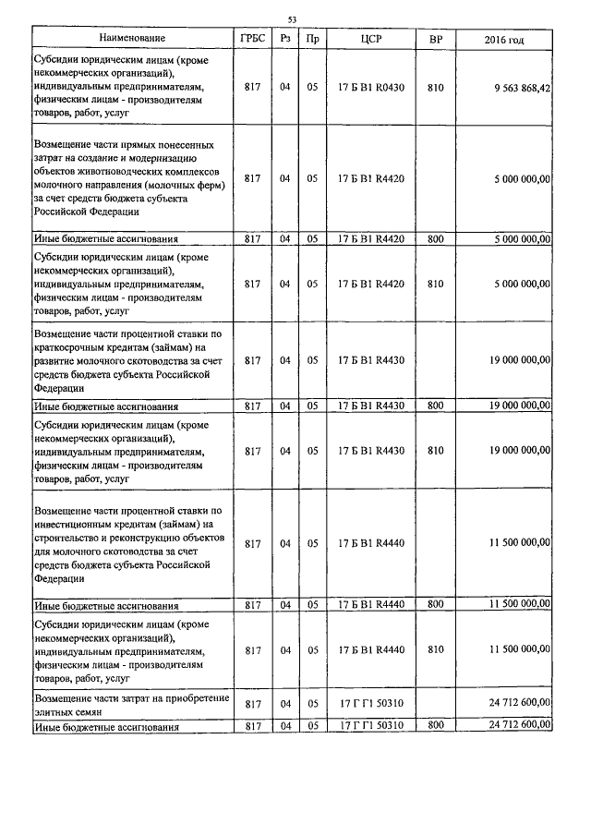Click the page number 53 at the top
click(292, 19)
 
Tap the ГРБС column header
click(250, 39)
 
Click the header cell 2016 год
click(504, 39)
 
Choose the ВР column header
click(436, 39)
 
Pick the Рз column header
click(285, 39)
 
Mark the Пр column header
click(313, 39)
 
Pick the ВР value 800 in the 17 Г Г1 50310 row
click(436, 727)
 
